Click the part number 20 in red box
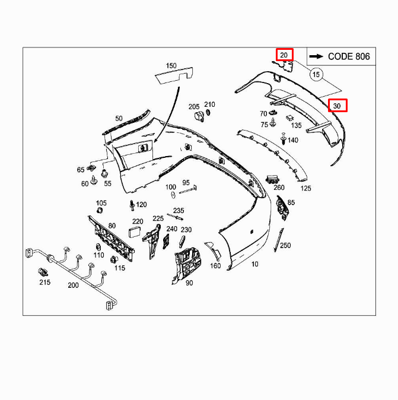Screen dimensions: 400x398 click(284, 55)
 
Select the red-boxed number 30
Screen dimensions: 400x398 click(337, 106)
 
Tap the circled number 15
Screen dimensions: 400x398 click(316, 74)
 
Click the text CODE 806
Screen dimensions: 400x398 click(348, 56)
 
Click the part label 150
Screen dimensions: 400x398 click(171, 65)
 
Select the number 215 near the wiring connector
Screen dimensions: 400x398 click(45, 282)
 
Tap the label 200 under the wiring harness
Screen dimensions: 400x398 click(72, 285)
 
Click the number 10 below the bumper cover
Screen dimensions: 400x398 click(255, 264)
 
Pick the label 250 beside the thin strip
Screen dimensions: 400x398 click(285, 245)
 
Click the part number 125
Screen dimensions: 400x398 click(305, 188)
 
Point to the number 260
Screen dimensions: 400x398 click(279, 188)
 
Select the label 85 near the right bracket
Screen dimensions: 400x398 click(291, 203)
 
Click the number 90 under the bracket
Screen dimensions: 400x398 click(189, 283)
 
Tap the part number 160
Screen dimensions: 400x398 click(215, 265)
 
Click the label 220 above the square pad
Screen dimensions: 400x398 click(137, 221)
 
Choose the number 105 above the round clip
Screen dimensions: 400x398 click(101, 203)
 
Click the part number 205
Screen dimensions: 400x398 click(194, 107)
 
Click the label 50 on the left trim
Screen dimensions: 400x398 click(119, 119)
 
